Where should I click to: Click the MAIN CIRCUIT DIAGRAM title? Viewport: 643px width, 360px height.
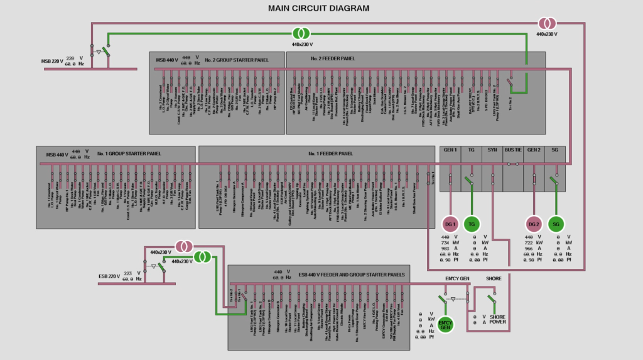318,8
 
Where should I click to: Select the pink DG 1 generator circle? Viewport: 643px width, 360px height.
450,224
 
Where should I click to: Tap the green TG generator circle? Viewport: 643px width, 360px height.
472,224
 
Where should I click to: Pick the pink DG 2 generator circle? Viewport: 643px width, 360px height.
534,224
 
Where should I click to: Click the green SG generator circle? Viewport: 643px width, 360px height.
555,224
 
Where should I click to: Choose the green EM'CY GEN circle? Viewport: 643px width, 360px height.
445,325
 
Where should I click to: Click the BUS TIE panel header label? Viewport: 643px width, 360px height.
513,151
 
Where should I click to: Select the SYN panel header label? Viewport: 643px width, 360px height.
492,151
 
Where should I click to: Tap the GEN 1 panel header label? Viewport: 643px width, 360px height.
450,151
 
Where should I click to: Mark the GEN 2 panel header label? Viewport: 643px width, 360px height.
534,151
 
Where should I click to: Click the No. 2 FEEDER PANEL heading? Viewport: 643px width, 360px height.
332,58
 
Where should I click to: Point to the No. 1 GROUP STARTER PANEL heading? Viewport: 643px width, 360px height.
129,153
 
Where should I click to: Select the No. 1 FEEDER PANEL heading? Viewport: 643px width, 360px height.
330,153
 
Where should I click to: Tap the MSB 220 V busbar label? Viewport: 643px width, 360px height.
53,61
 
